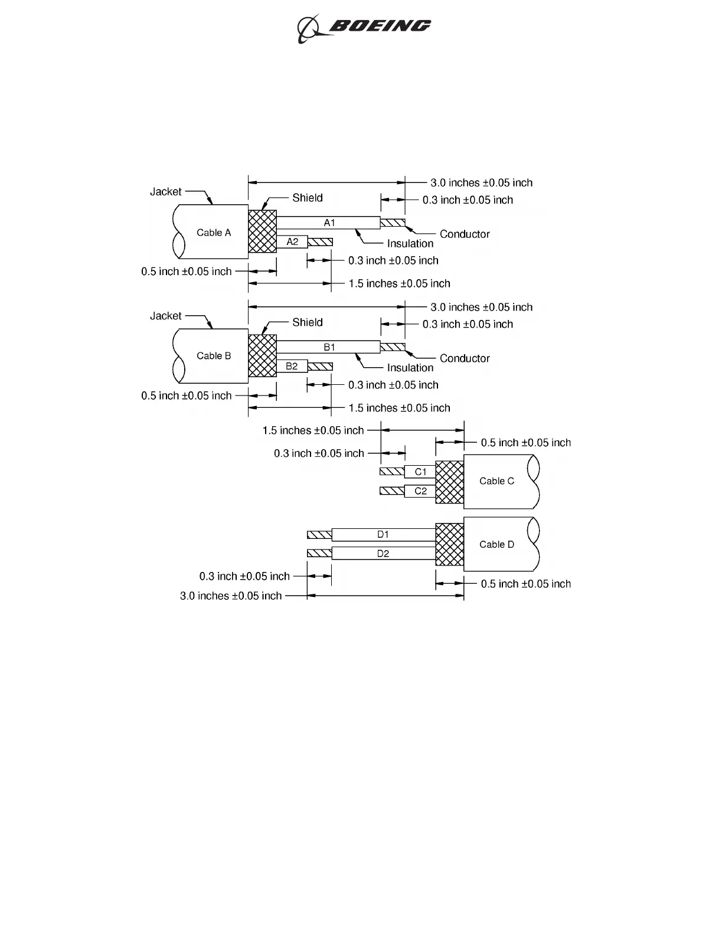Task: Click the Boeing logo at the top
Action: pos(364,27)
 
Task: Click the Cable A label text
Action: pos(214,233)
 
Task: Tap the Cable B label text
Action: pos(214,356)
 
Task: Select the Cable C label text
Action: pos(496,481)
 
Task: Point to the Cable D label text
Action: pos(496,544)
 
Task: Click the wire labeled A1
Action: pos(329,223)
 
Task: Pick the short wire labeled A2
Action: pos(292,242)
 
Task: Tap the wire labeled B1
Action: pos(329,347)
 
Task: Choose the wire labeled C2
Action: pos(420,491)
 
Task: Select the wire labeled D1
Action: pos(383,535)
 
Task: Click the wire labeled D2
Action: pos(383,554)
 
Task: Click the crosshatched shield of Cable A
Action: pos(262,231)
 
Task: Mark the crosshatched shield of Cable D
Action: pos(449,544)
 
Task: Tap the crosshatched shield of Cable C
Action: pos(449,482)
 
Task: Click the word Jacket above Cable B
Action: pos(166,316)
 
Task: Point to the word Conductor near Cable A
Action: pos(465,234)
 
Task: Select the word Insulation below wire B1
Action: pos(410,368)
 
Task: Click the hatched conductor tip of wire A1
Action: pos(393,223)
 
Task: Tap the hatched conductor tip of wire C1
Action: pos(392,472)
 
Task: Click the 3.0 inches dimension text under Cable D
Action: pos(231,596)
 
